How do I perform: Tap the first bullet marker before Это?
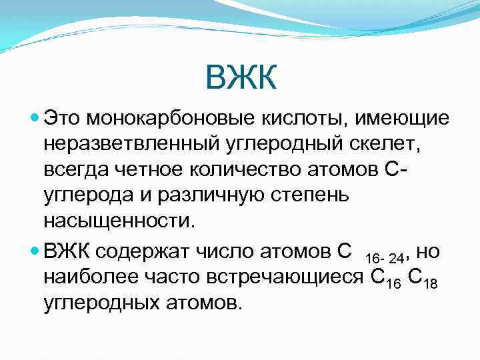35,118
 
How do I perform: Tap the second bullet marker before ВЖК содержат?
35,251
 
